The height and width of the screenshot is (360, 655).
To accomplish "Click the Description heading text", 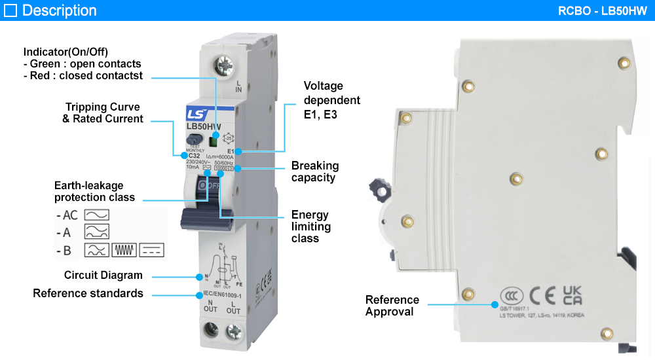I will click(59, 10).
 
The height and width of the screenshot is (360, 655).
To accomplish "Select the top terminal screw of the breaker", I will click(223, 67).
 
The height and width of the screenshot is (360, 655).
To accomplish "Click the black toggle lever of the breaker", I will click(208, 217).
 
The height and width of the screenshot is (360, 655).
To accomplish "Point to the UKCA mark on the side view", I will click(572, 295).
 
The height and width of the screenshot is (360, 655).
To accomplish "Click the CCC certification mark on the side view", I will click(511, 296).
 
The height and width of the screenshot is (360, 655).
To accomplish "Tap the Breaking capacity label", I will click(315, 171).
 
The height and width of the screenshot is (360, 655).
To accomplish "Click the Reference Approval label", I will click(392, 306).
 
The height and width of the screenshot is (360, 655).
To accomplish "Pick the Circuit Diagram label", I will click(103, 275).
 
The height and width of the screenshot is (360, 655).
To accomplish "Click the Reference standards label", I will click(88, 293).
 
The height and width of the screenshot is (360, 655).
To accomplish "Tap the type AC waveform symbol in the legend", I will click(96, 215).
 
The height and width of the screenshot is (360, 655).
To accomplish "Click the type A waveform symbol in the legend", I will click(96, 232).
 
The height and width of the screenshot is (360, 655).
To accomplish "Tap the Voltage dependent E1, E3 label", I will click(331, 100).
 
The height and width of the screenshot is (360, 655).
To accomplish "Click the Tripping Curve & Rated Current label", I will click(102, 113).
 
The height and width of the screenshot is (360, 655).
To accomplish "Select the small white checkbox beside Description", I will click(10, 10).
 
